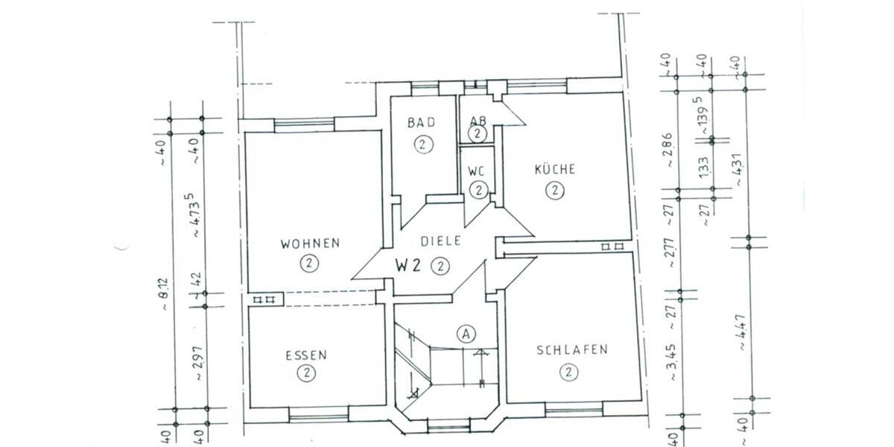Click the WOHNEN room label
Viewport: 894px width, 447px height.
[x=310, y=243]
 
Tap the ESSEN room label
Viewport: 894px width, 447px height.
[x=305, y=355]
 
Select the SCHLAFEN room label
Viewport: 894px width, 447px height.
[x=571, y=349]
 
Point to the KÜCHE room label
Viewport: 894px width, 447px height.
[x=554, y=169]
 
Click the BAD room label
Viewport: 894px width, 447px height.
[x=421, y=123]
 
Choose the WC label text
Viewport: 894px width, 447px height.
[x=477, y=171]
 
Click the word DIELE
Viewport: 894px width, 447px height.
[x=441, y=241]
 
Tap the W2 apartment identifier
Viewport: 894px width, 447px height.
[x=408, y=264]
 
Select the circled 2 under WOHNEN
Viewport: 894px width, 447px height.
[x=308, y=263]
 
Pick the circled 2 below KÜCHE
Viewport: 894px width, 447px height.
[x=554, y=191]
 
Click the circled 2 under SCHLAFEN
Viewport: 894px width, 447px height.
[x=568, y=371]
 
